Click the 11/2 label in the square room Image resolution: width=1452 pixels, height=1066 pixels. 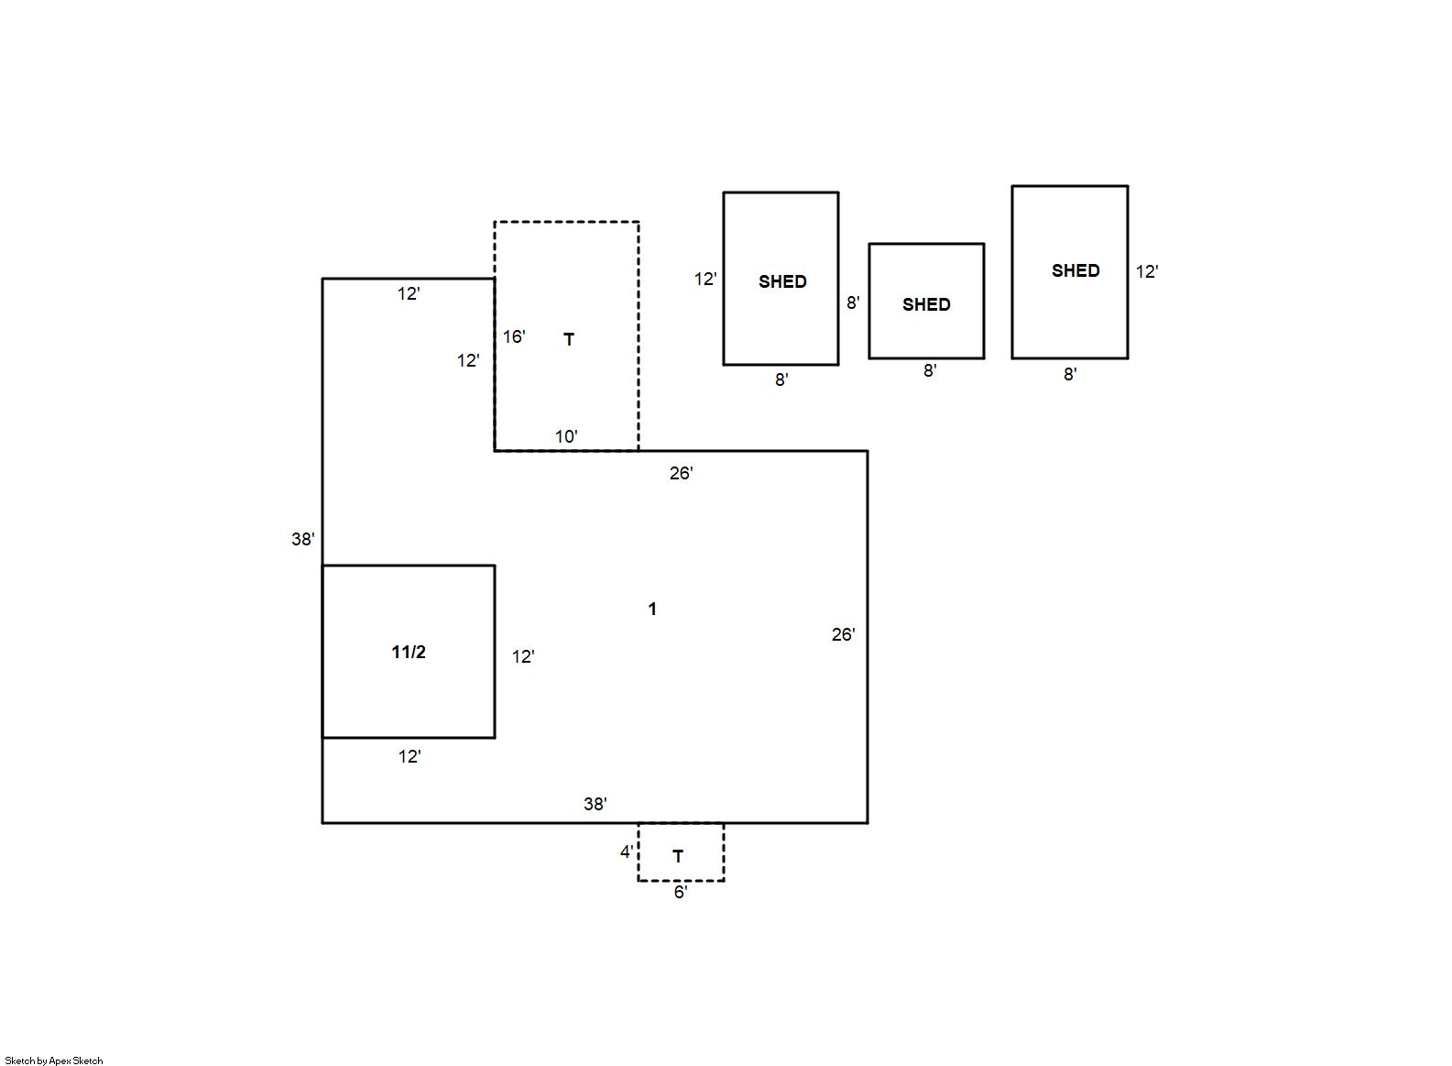pyautogui.click(x=409, y=652)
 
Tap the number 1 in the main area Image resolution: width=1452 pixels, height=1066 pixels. pyautogui.click(x=652, y=609)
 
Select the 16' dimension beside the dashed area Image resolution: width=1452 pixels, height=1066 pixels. pyautogui.click(x=514, y=336)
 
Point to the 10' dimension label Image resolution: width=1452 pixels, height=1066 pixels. pyautogui.click(x=566, y=436)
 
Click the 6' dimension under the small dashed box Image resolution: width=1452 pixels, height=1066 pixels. pyautogui.click(x=681, y=892)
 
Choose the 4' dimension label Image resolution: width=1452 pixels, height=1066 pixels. pyautogui.click(x=627, y=852)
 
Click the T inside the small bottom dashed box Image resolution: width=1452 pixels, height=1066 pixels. pyautogui.click(x=678, y=857)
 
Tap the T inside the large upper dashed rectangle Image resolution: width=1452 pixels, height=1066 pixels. pyautogui.click(x=569, y=339)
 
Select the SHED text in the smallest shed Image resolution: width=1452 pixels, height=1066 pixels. pyautogui.click(x=926, y=304)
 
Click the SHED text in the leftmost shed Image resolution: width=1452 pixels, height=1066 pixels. pyautogui.click(x=782, y=281)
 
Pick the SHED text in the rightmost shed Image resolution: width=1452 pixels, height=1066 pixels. pyautogui.click(x=1075, y=270)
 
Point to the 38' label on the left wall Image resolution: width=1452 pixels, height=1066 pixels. pyautogui.click(x=302, y=539)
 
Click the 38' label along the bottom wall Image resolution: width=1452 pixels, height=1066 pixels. pyautogui.click(x=595, y=804)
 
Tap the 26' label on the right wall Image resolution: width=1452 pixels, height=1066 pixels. pyautogui.click(x=844, y=634)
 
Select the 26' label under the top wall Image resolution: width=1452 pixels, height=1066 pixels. pyautogui.click(x=682, y=473)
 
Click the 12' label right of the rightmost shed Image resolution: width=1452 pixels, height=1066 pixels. pyautogui.click(x=1147, y=271)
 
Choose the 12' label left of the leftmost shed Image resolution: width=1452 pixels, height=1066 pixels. pyautogui.click(x=705, y=279)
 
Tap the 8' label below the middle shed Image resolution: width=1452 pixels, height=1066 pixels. pyautogui.click(x=930, y=370)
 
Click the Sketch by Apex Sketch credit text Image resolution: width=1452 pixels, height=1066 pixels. pyautogui.click(x=54, y=1061)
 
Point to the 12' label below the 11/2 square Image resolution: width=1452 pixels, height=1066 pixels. pyautogui.click(x=409, y=756)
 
